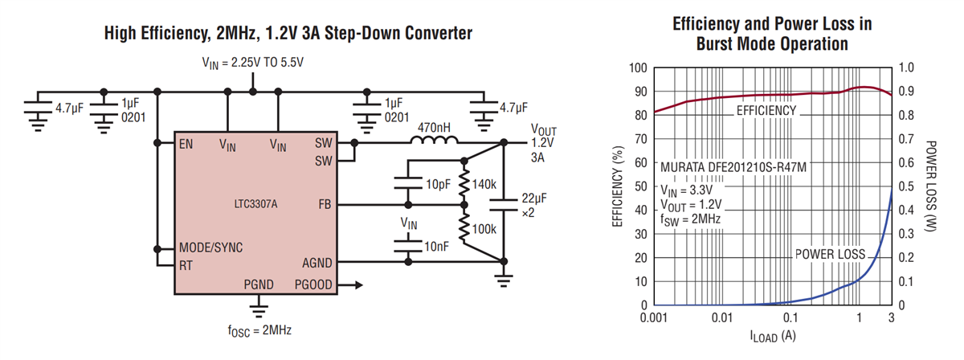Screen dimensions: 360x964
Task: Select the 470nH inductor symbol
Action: (x=432, y=143)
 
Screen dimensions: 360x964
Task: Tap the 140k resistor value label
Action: (x=485, y=184)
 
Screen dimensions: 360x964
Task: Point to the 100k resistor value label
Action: (x=485, y=229)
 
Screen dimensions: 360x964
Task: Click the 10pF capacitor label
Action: (x=438, y=184)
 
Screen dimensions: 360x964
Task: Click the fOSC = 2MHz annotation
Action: (x=257, y=330)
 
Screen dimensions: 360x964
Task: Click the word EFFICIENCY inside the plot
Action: (x=766, y=110)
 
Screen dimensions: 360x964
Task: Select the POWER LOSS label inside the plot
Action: (x=830, y=254)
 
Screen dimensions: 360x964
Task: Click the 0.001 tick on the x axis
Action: (x=655, y=319)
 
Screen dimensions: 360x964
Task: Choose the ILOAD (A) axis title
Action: (x=771, y=336)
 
